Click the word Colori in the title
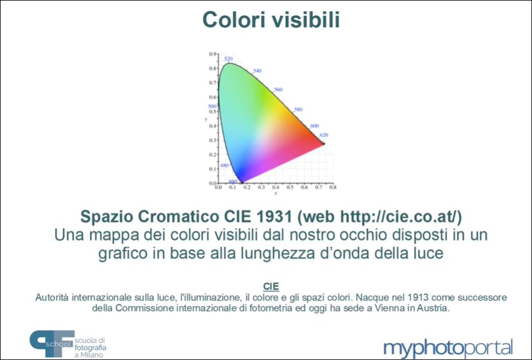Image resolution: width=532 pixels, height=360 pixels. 233,20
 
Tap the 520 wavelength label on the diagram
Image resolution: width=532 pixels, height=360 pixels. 228,59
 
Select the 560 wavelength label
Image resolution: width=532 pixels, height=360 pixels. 278,90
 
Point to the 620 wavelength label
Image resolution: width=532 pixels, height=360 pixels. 324,135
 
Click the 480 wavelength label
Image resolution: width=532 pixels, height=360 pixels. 224,165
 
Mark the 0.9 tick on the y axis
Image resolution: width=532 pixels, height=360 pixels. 213,54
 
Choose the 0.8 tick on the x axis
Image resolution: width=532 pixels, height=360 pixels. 333,187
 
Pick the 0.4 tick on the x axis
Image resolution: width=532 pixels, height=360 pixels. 276,187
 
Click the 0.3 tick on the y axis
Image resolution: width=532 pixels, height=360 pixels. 213,140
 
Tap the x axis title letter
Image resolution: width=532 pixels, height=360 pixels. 276,193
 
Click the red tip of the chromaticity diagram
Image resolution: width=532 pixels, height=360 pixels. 323,144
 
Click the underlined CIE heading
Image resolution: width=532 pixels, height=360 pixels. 271,287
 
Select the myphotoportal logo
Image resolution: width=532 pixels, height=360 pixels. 448,348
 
